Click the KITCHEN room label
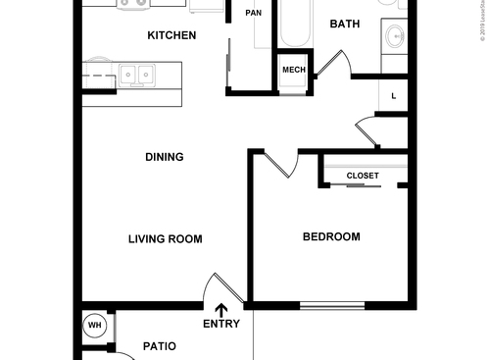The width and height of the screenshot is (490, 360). click(171, 35)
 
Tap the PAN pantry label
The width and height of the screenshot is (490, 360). click(253, 13)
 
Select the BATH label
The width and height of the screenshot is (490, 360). click(344, 24)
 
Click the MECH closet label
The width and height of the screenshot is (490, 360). click(293, 70)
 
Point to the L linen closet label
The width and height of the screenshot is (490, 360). click(393, 95)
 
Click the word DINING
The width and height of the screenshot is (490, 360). click(164, 156)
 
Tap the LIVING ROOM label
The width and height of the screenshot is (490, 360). click(165, 238)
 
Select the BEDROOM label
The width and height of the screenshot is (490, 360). click(330, 236)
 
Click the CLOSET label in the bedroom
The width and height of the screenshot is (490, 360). click(363, 176)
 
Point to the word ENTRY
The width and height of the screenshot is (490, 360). click(220, 324)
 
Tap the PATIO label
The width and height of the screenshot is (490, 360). click(159, 345)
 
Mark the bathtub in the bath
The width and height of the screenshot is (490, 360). click(293, 26)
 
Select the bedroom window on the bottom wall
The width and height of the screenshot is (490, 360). click(331, 305)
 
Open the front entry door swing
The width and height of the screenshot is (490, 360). click(216, 290)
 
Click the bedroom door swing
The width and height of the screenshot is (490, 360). click(276, 164)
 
